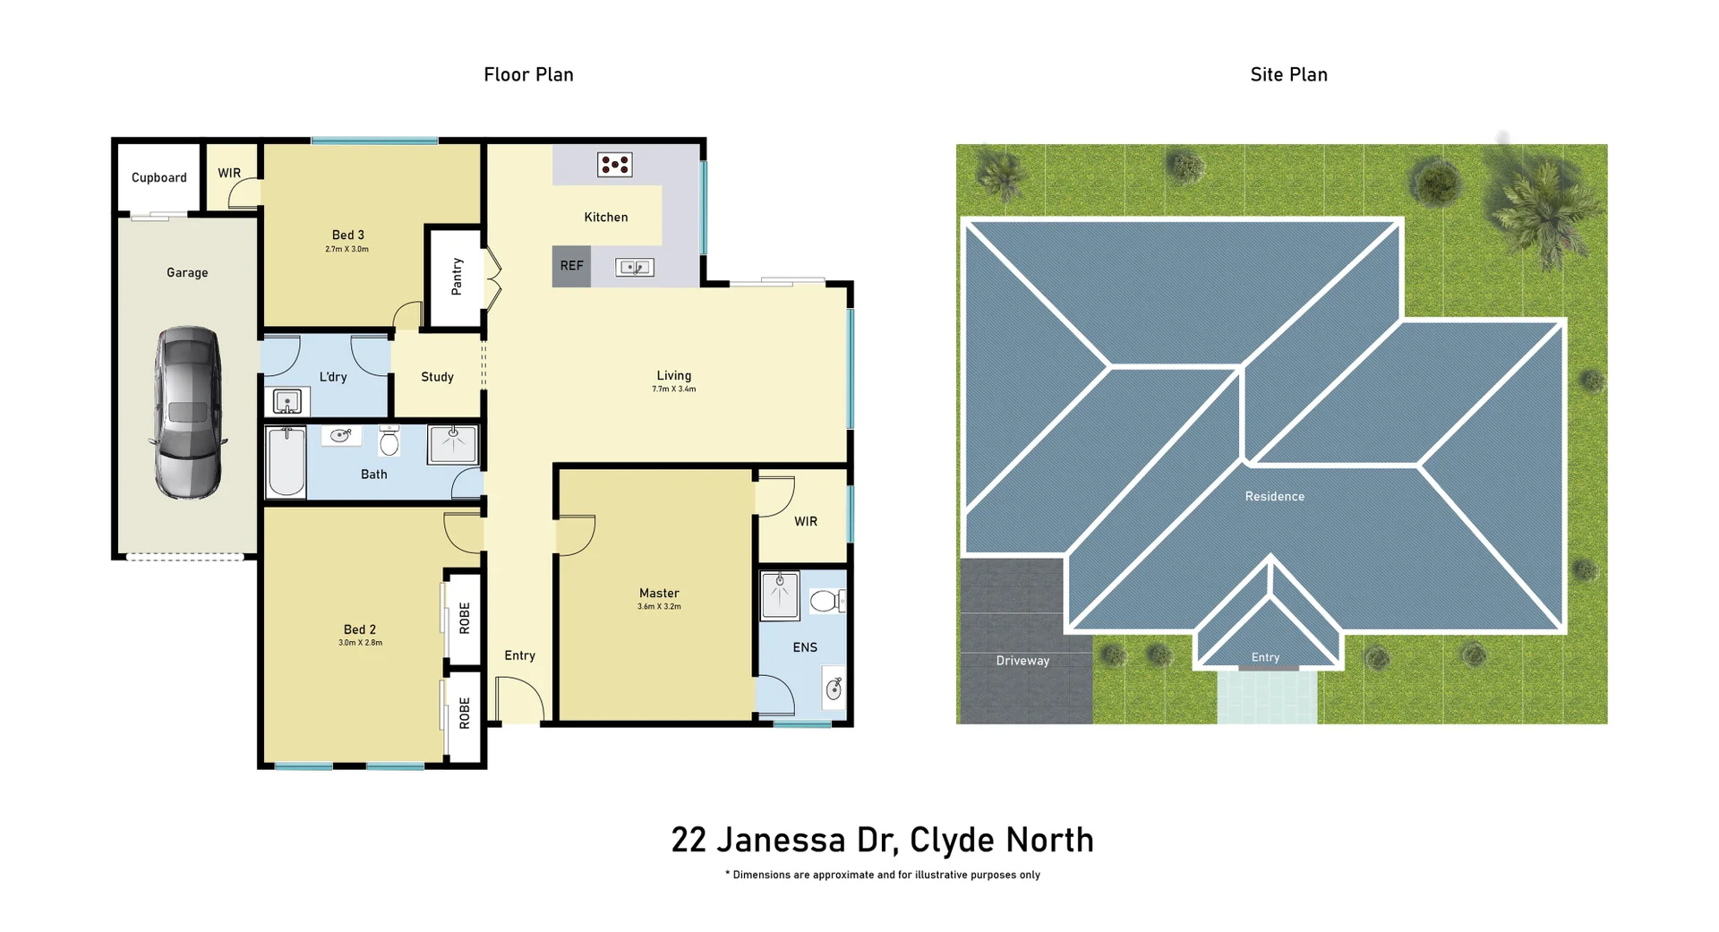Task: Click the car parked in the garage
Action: [x=188, y=413]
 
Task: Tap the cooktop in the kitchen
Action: [x=615, y=165]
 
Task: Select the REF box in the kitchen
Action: [x=571, y=266]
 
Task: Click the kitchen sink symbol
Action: [x=635, y=267]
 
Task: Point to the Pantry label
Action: [x=457, y=277]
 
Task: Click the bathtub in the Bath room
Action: [x=286, y=461]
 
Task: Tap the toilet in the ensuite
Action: [x=825, y=601]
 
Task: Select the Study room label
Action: [x=437, y=377]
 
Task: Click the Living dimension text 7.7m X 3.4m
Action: [x=673, y=389]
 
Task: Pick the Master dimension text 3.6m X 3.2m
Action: [x=659, y=607]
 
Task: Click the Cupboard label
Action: [x=159, y=178]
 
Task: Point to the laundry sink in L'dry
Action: [x=286, y=401]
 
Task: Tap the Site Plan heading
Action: [x=1288, y=75]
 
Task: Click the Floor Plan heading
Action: [x=528, y=75]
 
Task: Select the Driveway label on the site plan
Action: [x=1022, y=661]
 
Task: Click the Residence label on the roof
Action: [x=1274, y=496]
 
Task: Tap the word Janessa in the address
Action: [x=781, y=841]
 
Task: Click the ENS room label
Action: [x=805, y=647]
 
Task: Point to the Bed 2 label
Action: [x=360, y=629]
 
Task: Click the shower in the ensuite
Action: [x=780, y=595]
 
